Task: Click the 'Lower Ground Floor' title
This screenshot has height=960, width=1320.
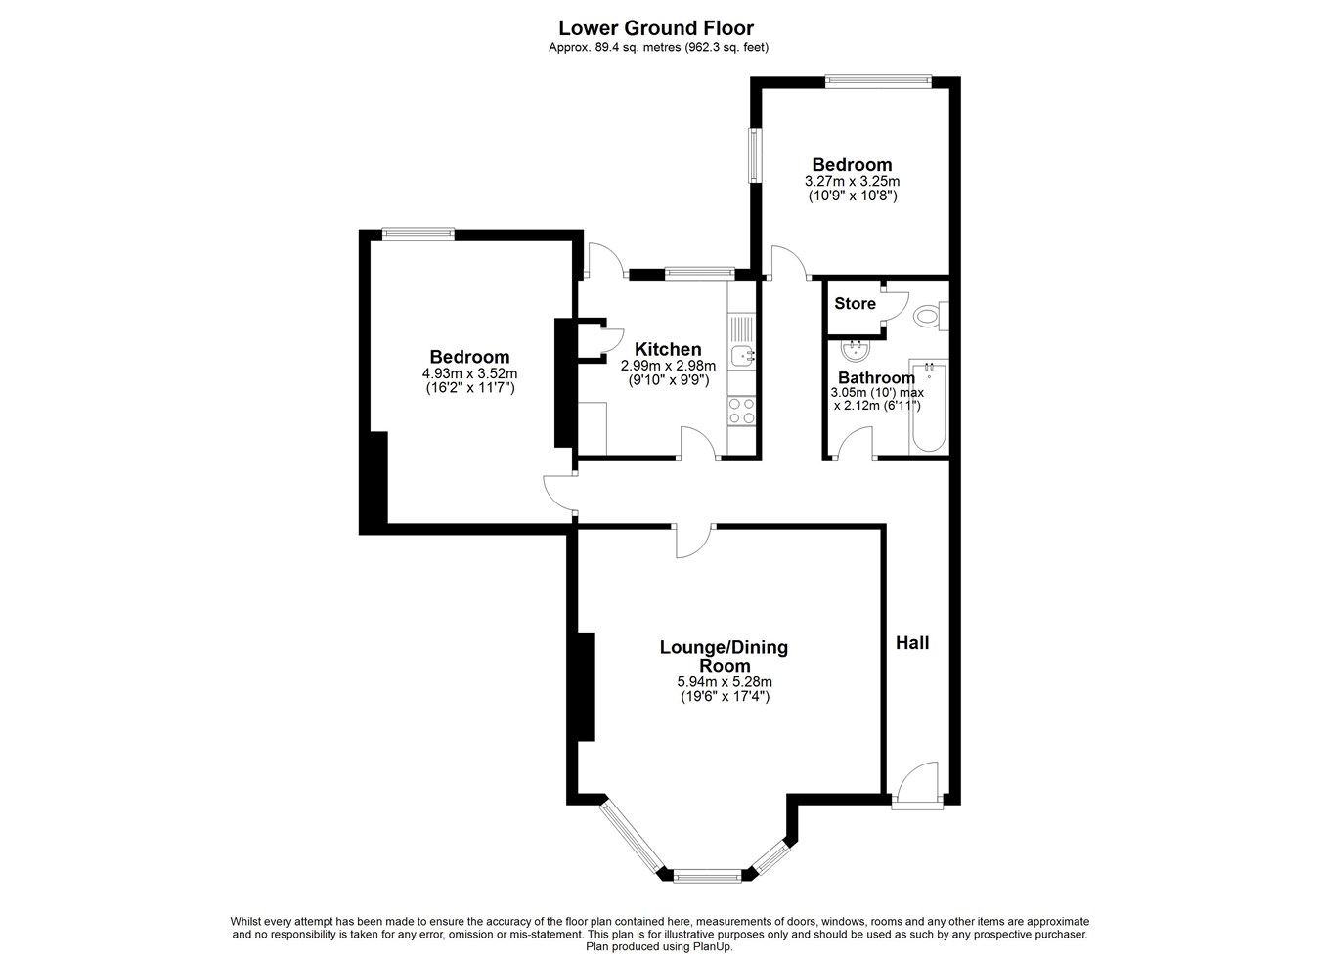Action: [656, 28]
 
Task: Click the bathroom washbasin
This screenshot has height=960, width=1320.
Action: [855, 351]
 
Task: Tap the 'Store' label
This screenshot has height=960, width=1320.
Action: [855, 303]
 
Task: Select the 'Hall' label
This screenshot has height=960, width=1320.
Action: [912, 643]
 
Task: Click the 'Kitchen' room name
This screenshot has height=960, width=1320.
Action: [668, 349]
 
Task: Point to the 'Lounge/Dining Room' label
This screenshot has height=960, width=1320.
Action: [724, 657]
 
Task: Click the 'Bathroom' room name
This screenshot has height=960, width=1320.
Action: [876, 377]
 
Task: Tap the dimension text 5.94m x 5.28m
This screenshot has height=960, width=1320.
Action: [725, 682]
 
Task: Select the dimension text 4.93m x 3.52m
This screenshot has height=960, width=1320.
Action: [469, 373]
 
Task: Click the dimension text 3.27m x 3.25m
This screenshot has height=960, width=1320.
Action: [852, 182]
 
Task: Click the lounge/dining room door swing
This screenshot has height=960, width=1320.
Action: [694, 541]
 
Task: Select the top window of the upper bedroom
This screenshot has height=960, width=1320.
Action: [878, 81]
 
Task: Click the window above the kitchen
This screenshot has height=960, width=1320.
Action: [700, 272]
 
